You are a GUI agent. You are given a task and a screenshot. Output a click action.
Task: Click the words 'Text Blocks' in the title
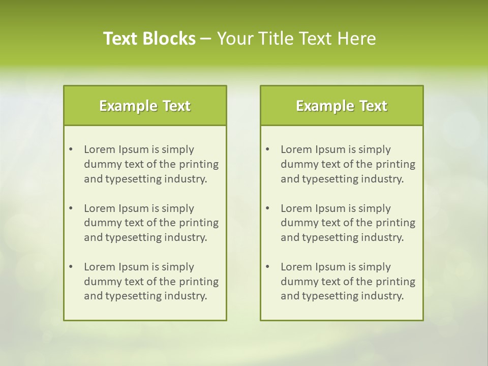click(149, 39)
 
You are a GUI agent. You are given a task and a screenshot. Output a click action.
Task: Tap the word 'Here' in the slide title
click(357, 39)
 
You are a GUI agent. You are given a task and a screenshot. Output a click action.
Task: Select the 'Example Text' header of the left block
click(145, 106)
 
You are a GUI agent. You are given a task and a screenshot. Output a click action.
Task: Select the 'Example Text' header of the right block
click(342, 106)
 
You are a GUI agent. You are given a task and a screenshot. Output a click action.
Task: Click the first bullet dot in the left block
click(71, 149)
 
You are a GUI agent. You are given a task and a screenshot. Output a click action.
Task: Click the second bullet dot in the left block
click(71, 208)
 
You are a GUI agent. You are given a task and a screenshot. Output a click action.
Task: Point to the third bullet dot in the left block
click(71, 267)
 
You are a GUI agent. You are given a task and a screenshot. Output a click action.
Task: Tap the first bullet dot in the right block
click(267, 149)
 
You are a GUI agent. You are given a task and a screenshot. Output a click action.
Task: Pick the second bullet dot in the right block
click(267, 208)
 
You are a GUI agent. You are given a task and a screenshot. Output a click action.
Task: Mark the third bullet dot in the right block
click(267, 267)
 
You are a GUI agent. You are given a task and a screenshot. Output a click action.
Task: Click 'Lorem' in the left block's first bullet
click(99, 149)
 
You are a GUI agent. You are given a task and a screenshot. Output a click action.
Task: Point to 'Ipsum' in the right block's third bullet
click(331, 267)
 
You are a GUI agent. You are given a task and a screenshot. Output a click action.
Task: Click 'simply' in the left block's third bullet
click(178, 267)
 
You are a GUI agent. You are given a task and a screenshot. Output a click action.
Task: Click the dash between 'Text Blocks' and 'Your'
click(206, 39)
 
